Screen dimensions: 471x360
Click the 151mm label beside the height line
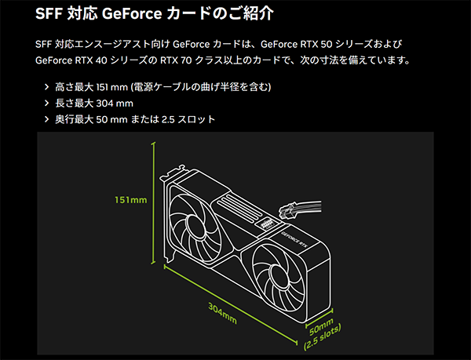[131, 200]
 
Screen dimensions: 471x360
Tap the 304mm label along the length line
[223, 313]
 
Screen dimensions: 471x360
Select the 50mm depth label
[321, 327]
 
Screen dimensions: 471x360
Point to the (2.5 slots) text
[323, 337]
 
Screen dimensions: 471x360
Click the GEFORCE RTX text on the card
[295, 239]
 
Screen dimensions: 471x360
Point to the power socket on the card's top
[267, 224]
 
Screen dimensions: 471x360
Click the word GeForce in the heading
[132, 13]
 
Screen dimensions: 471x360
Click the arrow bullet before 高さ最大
[46, 87]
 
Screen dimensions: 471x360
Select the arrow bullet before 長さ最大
[46, 104]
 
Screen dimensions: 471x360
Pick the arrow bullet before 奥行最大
[46, 119]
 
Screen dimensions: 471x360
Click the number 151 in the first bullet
[102, 87]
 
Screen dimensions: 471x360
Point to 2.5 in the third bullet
[168, 120]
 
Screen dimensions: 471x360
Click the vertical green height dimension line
[154, 203]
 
